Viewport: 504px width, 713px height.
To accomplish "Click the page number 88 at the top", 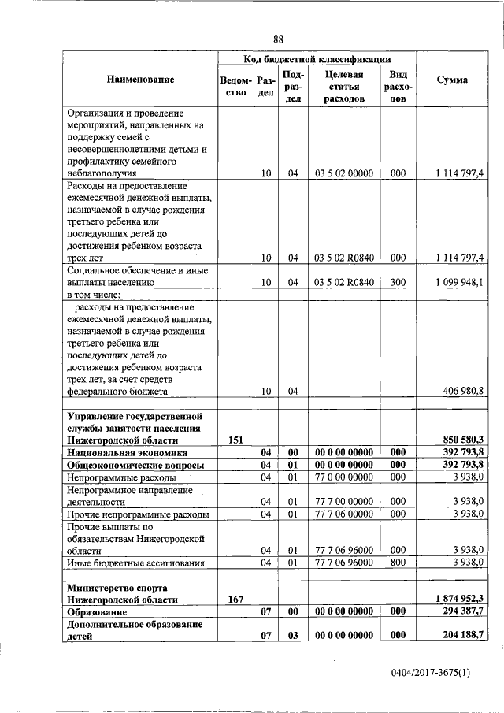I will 278,39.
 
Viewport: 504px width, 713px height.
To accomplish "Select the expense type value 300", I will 398,282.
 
